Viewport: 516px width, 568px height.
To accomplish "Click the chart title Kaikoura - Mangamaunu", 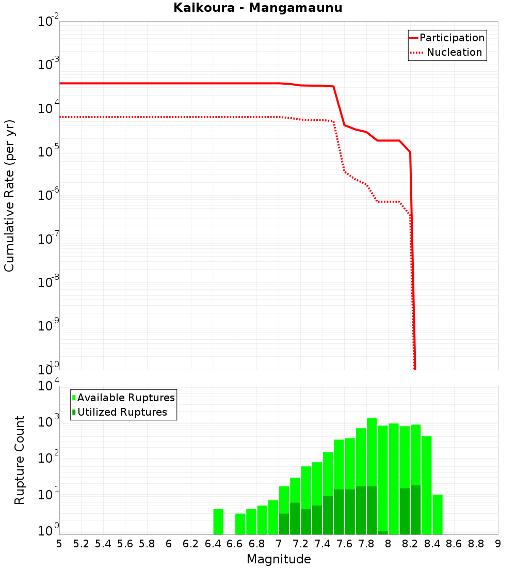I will [x=258, y=8].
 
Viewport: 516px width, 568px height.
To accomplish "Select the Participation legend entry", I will [x=447, y=38].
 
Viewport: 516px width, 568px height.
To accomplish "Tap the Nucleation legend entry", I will [x=447, y=53].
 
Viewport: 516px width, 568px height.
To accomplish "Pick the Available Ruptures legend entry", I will [x=124, y=398].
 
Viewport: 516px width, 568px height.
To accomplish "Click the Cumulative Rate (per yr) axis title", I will [x=9, y=195].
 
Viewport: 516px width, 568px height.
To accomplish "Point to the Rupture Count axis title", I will [x=20, y=460].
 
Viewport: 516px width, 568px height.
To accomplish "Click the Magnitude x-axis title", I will [x=279, y=559].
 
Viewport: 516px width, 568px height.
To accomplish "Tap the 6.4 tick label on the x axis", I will [x=213, y=544].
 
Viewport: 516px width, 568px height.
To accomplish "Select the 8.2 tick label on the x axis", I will [x=410, y=544].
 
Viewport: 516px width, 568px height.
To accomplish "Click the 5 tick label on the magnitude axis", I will [x=59, y=544].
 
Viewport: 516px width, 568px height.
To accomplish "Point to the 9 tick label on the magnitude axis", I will [x=498, y=544].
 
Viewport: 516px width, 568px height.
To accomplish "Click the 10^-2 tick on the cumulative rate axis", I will [x=47, y=22].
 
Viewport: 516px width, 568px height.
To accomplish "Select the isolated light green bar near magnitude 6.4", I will [x=218, y=522].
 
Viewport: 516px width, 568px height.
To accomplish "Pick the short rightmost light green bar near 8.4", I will [x=438, y=514].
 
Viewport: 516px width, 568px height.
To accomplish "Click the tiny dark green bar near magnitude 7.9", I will [x=383, y=532].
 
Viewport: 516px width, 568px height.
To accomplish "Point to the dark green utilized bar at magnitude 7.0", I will [x=284, y=524].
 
